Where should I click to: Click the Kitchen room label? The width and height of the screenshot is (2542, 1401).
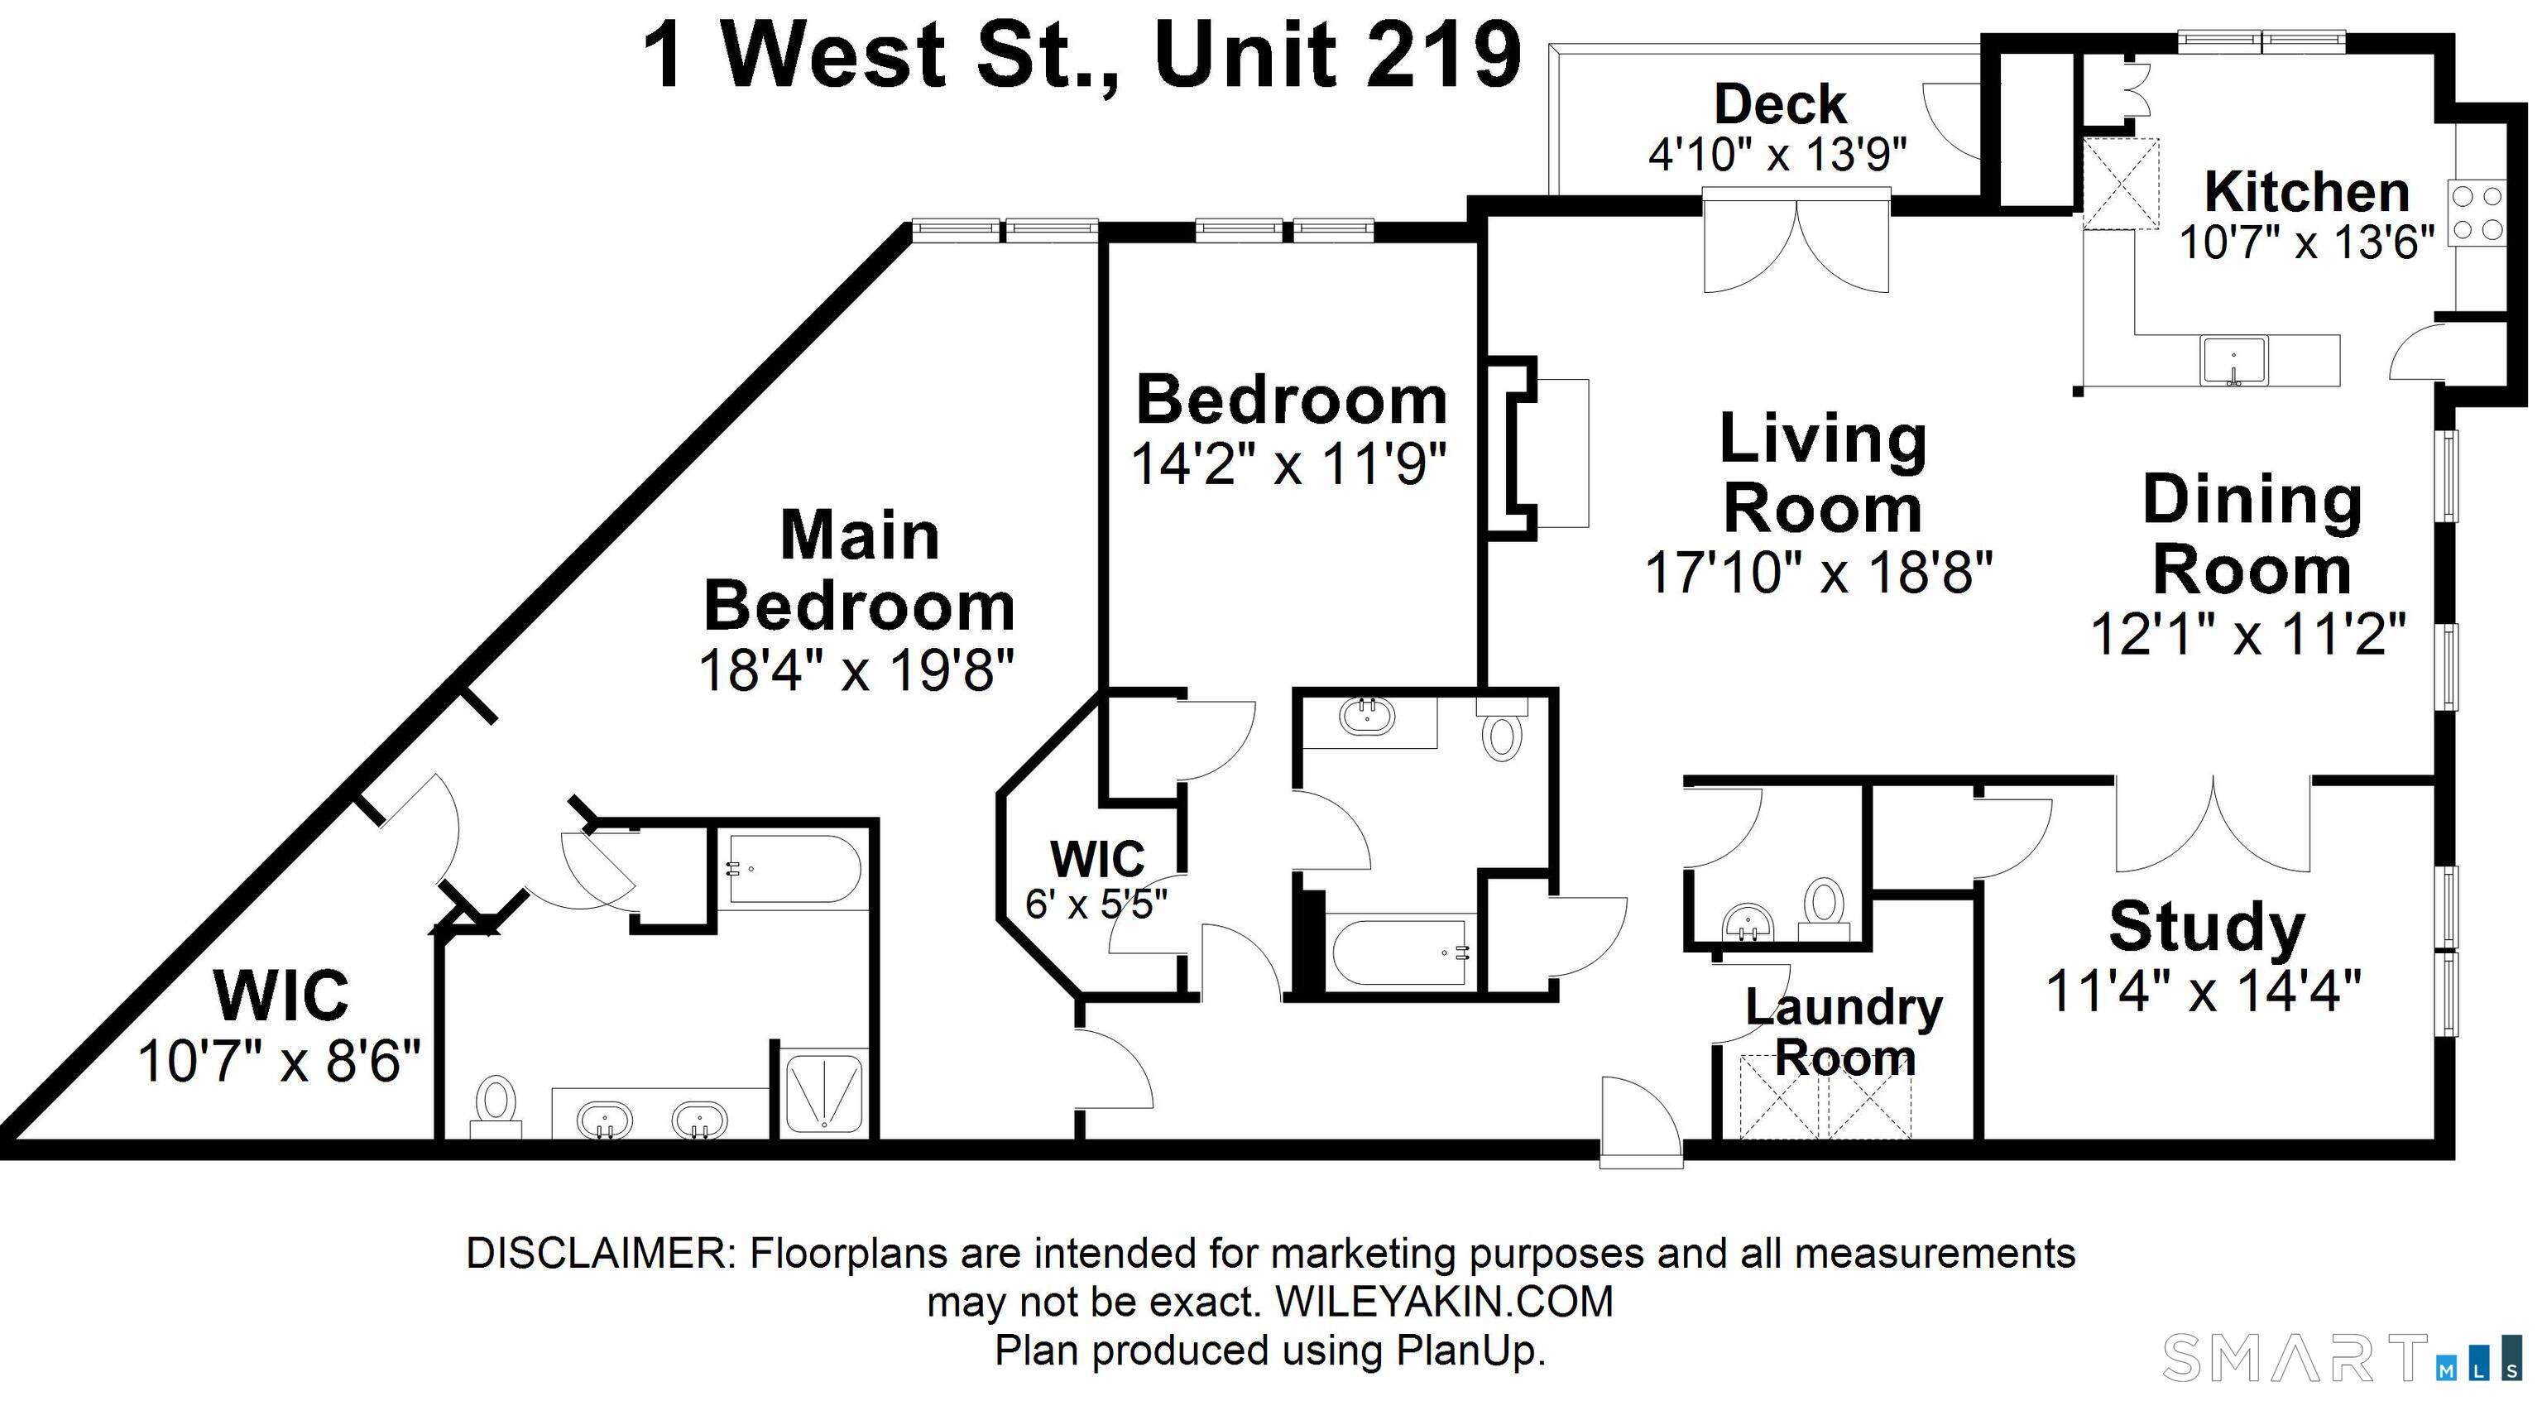2306,192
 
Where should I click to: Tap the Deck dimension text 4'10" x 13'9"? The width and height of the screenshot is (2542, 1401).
1777,154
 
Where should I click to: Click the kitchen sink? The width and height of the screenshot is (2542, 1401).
2234,359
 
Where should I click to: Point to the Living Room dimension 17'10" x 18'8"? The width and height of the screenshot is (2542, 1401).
1819,573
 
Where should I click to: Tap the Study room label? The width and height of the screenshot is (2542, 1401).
2207,928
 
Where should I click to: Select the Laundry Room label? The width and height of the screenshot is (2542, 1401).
1844,1032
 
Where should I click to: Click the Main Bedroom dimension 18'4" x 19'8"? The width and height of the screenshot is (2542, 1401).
856,671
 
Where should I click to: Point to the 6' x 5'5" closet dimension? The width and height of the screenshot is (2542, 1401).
1096,904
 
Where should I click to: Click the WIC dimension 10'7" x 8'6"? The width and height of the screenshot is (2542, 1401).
279,1063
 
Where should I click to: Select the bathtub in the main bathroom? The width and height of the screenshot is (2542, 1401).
795,871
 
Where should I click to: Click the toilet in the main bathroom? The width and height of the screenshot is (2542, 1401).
496,1110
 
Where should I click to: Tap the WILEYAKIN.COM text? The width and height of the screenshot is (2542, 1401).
1445,1303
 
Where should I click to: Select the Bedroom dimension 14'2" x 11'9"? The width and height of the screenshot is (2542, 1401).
1288,463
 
